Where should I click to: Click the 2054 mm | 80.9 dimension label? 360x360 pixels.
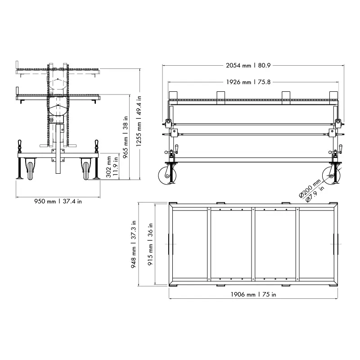click(248, 65)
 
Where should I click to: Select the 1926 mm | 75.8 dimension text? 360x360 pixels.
click(248, 82)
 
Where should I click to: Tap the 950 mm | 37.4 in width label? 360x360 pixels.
click(58, 201)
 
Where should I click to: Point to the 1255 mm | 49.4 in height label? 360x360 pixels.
click(139, 121)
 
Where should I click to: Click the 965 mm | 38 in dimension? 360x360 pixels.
click(126, 137)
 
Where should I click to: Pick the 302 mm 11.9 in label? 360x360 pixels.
click(112, 166)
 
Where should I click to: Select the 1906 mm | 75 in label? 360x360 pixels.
click(253, 294)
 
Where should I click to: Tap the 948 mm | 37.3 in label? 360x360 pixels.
click(133, 244)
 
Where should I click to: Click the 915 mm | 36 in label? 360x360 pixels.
click(150, 244)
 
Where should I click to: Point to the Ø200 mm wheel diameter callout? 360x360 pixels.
click(310, 188)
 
